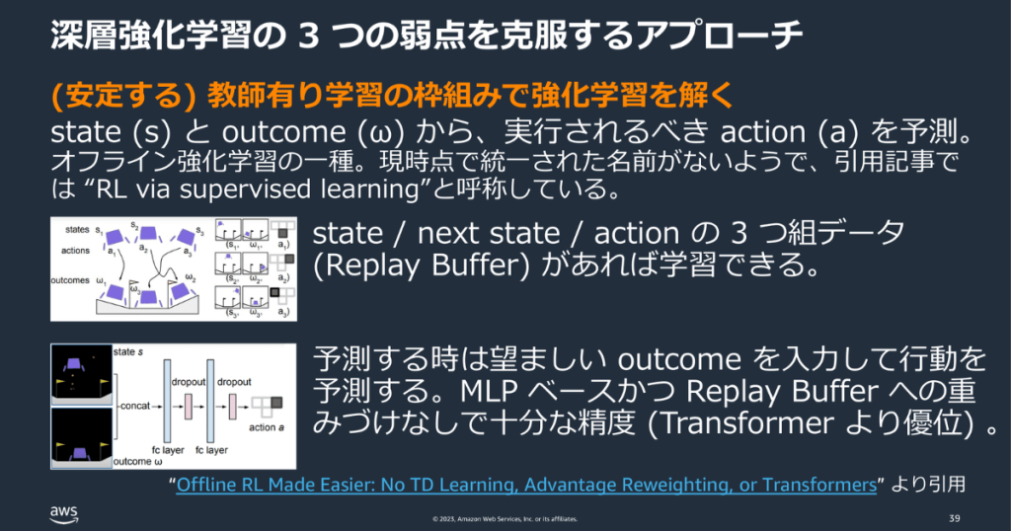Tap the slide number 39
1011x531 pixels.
point(954,518)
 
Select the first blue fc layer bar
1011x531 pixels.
point(167,406)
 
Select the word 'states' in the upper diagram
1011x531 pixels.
point(76,230)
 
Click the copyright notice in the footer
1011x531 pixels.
point(505,519)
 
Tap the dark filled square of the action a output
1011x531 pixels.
point(276,403)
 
